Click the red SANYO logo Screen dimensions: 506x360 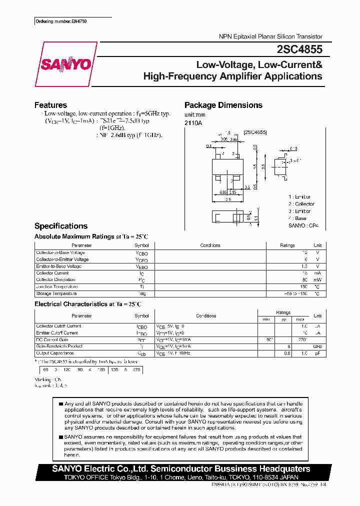(x=65, y=64)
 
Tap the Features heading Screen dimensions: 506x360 (x=50, y=105)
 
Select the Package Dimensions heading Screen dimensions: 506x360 (x=223, y=105)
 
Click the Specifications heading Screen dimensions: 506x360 (x=60, y=226)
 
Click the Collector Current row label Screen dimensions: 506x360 (x=52, y=273)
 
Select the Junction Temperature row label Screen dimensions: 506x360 (x=56, y=287)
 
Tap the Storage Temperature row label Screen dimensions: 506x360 (x=56, y=294)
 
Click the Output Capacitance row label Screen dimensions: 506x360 (x=55, y=353)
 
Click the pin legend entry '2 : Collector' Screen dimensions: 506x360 (x=301, y=204)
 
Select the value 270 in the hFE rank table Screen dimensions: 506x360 (x=135, y=370)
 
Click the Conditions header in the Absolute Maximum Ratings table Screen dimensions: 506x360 (x=210, y=245)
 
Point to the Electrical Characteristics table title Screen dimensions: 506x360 (x=87, y=304)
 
